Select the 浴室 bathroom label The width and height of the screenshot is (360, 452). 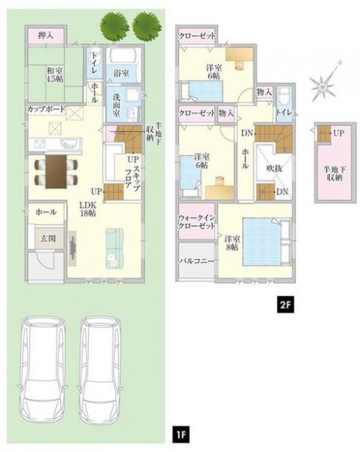click(x=121, y=74)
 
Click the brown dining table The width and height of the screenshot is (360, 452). click(x=56, y=172)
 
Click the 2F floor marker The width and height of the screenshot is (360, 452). click(x=285, y=304)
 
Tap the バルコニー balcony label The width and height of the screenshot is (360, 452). click(x=197, y=261)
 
